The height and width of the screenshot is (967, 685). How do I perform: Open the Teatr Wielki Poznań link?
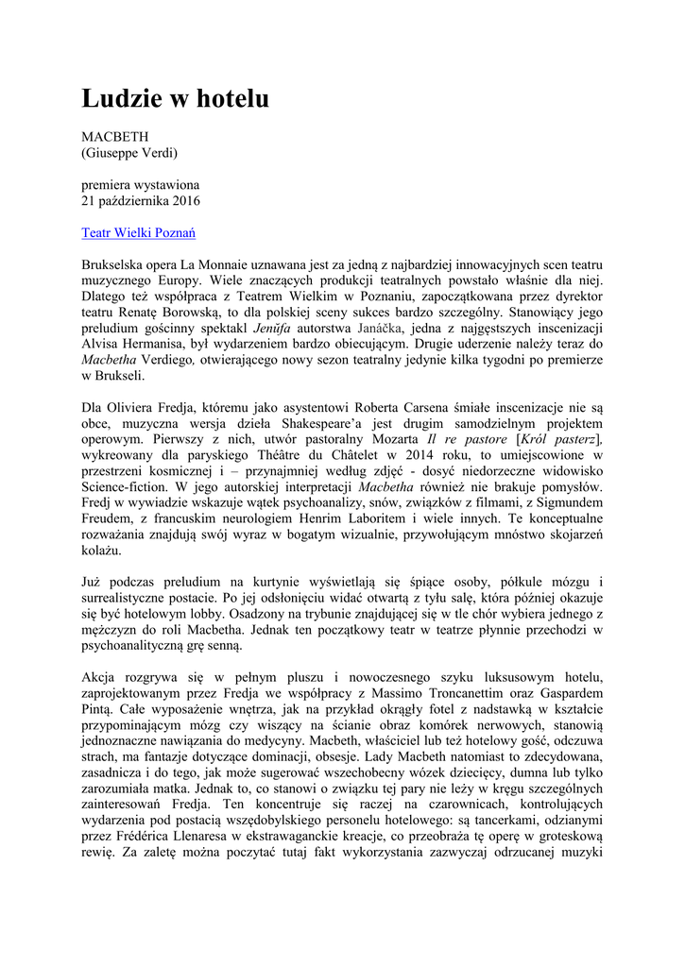coord(138,232)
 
